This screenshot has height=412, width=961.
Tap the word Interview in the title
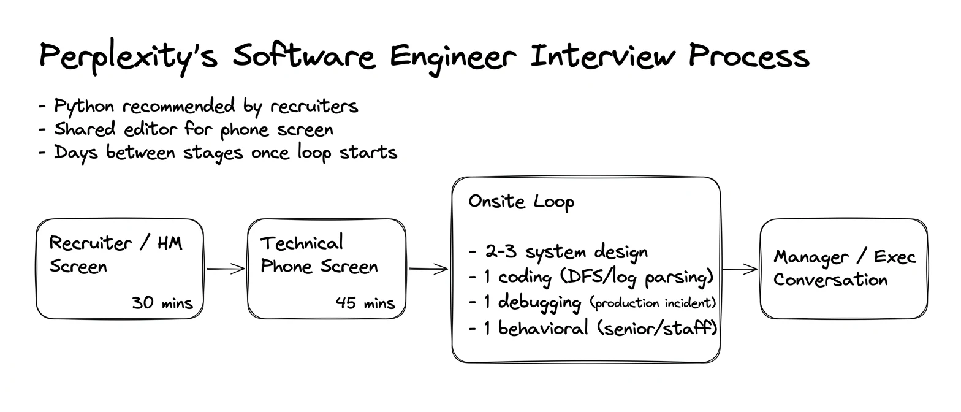click(x=603, y=56)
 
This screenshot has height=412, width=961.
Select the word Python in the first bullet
click(x=84, y=106)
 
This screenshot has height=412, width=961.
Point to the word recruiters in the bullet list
click(x=314, y=105)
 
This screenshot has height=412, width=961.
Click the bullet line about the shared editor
click(x=186, y=129)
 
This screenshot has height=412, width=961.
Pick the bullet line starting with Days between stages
click(x=218, y=153)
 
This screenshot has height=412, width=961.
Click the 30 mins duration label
click(x=162, y=303)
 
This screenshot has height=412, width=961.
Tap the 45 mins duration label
click(x=365, y=303)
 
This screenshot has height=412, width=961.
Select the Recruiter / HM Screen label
click(x=116, y=254)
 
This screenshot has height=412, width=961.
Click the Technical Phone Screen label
click(x=319, y=254)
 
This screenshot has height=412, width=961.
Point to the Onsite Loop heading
click(x=521, y=202)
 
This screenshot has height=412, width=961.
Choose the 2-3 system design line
click(x=558, y=252)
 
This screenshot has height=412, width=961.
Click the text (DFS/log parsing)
click(x=637, y=277)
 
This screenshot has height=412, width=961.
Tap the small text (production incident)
click(x=653, y=303)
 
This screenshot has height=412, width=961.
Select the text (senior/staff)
click(x=657, y=329)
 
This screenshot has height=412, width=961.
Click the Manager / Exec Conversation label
click(x=845, y=269)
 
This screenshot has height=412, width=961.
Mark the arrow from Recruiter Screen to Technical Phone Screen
click(x=226, y=269)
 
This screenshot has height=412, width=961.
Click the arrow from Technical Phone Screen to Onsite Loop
click(x=428, y=269)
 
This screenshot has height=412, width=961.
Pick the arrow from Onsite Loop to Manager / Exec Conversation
click(x=740, y=269)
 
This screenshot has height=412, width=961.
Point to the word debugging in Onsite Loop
click(x=539, y=303)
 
